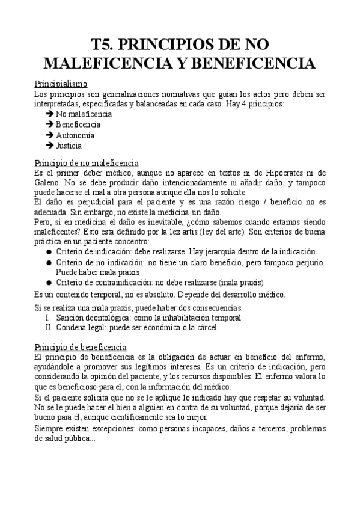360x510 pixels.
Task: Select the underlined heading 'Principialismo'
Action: [x=61, y=84]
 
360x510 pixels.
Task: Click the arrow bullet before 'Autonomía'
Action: [x=49, y=135]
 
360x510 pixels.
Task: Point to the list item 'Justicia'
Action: [x=69, y=146]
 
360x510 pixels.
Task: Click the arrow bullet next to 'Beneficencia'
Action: [x=49, y=124]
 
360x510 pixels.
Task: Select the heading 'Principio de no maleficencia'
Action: [x=87, y=163]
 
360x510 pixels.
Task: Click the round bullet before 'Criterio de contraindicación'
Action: [x=49, y=282]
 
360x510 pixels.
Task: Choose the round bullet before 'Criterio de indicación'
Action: [x=49, y=252]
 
